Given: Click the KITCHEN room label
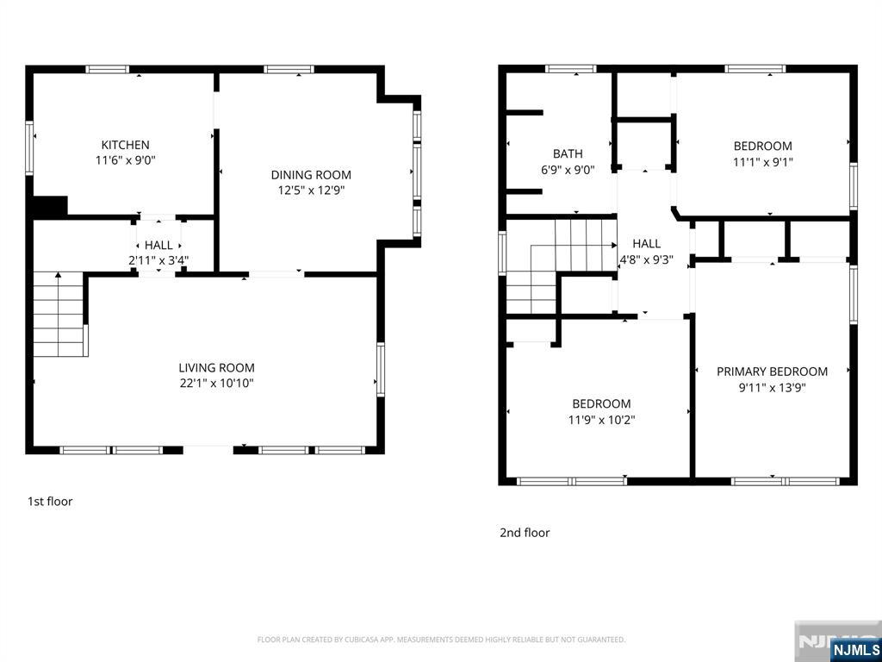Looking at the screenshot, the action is [x=125, y=145].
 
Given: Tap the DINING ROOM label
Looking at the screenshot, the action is [x=311, y=175].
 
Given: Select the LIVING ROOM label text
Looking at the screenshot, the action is [x=216, y=368].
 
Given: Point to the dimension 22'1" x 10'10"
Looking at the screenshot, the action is [x=216, y=384].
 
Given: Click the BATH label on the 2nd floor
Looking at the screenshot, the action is [x=568, y=153].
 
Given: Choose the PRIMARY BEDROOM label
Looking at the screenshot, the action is [x=772, y=372].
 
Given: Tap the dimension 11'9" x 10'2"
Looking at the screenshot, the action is [x=601, y=420].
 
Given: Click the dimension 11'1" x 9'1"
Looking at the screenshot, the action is [x=763, y=162].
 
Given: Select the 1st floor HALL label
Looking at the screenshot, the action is [x=158, y=246].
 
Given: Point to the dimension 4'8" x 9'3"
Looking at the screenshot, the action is [x=646, y=260].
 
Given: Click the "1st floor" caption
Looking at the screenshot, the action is [x=50, y=501].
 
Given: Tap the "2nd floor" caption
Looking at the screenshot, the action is [x=525, y=533].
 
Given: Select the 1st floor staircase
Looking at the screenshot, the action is [x=59, y=314].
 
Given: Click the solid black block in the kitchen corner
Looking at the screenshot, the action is [x=50, y=207].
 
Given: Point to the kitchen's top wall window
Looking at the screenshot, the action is [x=108, y=69].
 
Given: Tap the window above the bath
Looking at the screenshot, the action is [x=571, y=69].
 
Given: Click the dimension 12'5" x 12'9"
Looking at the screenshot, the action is [x=311, y=190].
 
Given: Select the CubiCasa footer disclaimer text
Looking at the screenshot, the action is [x=441, y=640].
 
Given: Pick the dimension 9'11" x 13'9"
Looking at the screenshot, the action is [x=772, y=387].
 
